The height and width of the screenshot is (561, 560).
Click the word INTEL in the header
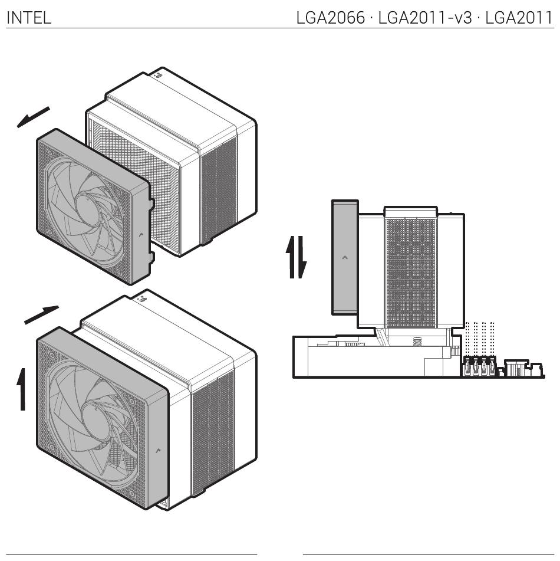click(x=29, y=18)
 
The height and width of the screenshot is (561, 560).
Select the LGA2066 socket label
click(x=331, y=18)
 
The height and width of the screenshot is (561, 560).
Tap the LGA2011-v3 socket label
click(x=425, y=18)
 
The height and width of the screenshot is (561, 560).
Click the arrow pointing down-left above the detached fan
click(x=33, y=117)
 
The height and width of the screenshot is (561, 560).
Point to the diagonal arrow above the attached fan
click(x=41, y=315)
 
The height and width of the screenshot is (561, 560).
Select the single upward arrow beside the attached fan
click(x=22, y=389)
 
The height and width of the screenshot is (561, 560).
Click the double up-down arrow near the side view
click(x=296, y=257)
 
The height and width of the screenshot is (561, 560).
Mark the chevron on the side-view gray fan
click(x=345, y=257)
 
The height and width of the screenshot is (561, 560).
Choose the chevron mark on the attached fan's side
click(x=159, y=450)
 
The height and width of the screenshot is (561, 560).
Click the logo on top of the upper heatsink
click(x=159, y=75)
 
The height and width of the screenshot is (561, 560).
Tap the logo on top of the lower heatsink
click(x=141, y=298)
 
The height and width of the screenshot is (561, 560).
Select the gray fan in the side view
click(x=345, y=257)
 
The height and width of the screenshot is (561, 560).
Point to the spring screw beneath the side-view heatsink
click(x=416, y=341)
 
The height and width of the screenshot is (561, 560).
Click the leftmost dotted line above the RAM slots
click(x=467, y=339)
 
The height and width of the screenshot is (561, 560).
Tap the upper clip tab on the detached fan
click(x=151, y=203)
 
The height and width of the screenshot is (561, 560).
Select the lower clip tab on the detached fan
click(x=152, y=257)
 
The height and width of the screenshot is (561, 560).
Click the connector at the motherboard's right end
click(x=517, y=368)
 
